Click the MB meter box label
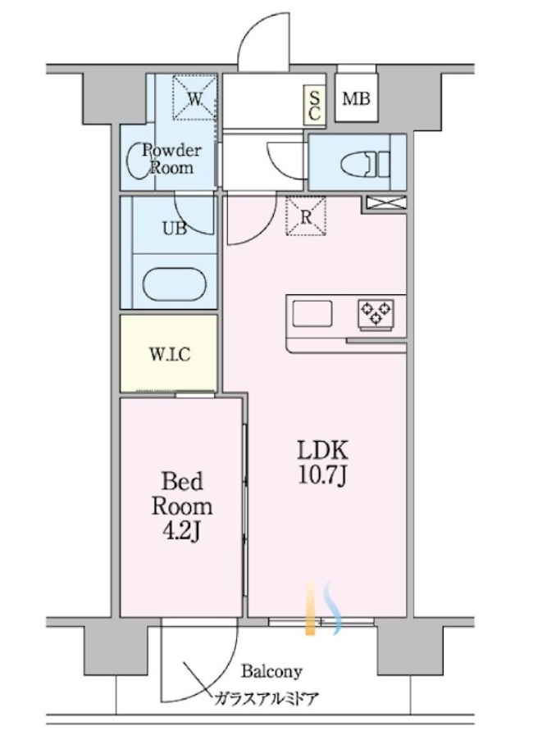pyautogui.click(x=356, y=99)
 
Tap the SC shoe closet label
pyautogui.click(x=314, y=106)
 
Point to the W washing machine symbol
pyautogui.click(x=195, y=98)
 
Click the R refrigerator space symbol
pyautogui.click(x=307, y=216)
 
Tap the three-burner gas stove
pyautogui.click(x=376, y=312)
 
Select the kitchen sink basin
pyautogui.click(x=312, y=314)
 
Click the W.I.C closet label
pyautogui.click(x=170, y=354)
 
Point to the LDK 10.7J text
pyautogui.click(x=323, y=463)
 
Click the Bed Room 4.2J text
pyautogui.click(x=182, y=506)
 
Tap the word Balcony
pyautogui.click(x=271, y=670)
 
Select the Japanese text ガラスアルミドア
pyautogui.click(x=266, y=698)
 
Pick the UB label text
pyautogui.click(x=174, y=229)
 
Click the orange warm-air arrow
pyautogui.click(x=310, y=606)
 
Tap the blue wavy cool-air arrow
pyautogui.click(x=335, y=606)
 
